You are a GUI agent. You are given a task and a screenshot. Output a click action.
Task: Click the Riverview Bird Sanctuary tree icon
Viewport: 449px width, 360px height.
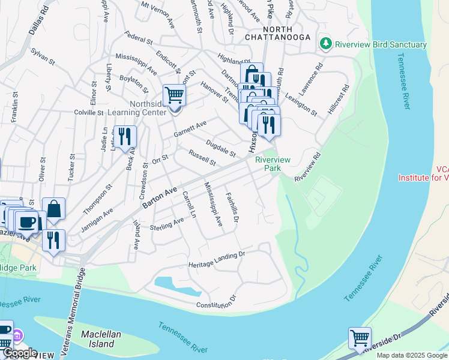[x=325, y=44]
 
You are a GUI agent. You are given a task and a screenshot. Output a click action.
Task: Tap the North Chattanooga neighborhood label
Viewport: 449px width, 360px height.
[x=269, y=33]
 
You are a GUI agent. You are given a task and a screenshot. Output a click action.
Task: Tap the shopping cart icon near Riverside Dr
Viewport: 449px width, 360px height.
[x=360, y=338]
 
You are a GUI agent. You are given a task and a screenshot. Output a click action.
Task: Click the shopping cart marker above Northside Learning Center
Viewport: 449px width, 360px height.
[x=173, y=95]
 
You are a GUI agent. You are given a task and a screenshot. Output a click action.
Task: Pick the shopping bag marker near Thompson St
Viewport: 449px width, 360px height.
[x=53, y=209]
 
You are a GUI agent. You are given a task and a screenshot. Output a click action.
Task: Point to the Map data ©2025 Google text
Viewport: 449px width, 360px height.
[x=412, y=355]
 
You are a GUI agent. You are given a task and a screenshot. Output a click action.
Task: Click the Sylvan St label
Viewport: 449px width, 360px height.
[x=43, y=58]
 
